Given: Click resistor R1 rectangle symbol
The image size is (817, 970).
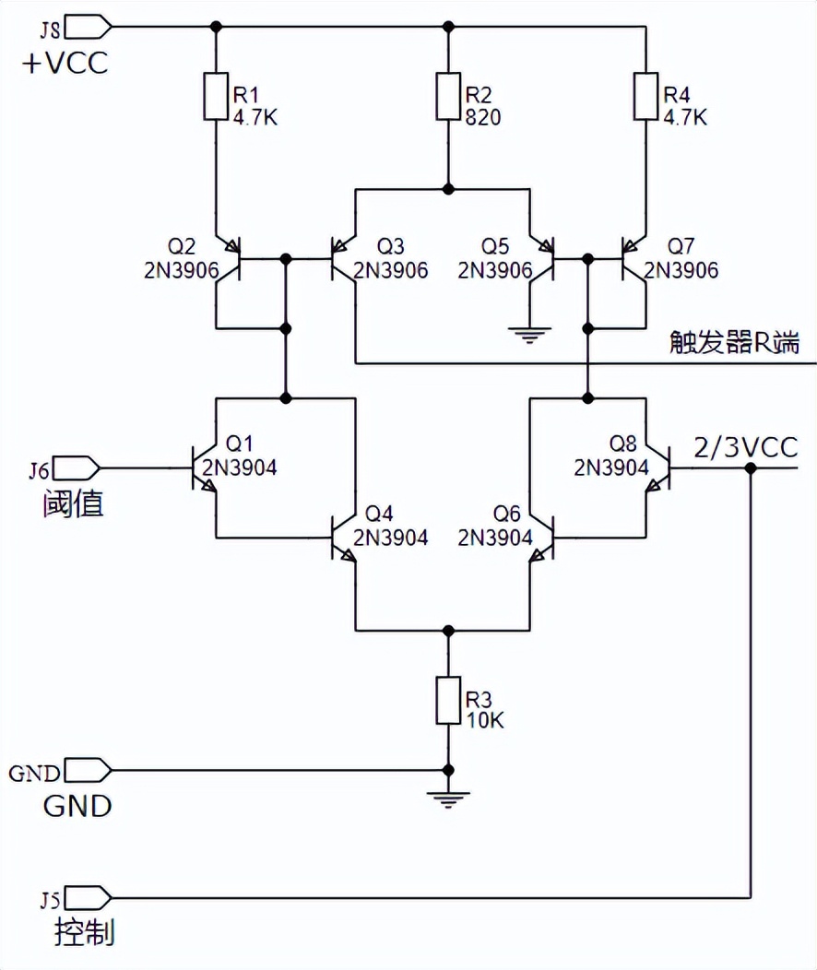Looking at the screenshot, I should pos(216,97).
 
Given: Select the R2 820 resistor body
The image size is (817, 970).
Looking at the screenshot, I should pos(448,97).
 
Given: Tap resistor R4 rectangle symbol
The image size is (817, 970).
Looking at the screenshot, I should pos(645,97).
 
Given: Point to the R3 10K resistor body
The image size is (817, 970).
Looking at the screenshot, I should pos(448,700).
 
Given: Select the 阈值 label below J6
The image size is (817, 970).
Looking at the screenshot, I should pos(72,504).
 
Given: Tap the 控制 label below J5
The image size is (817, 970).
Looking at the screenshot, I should pos(84,933).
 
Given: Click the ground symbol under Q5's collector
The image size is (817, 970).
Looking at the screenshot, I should pos(529,335).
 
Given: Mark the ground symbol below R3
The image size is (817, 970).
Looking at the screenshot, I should pos(448,798).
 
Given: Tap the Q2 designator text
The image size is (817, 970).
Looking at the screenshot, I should pos(181,247).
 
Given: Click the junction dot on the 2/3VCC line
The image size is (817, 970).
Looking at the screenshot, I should pos(751,468).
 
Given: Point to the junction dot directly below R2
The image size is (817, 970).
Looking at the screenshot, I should pos(448,189).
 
